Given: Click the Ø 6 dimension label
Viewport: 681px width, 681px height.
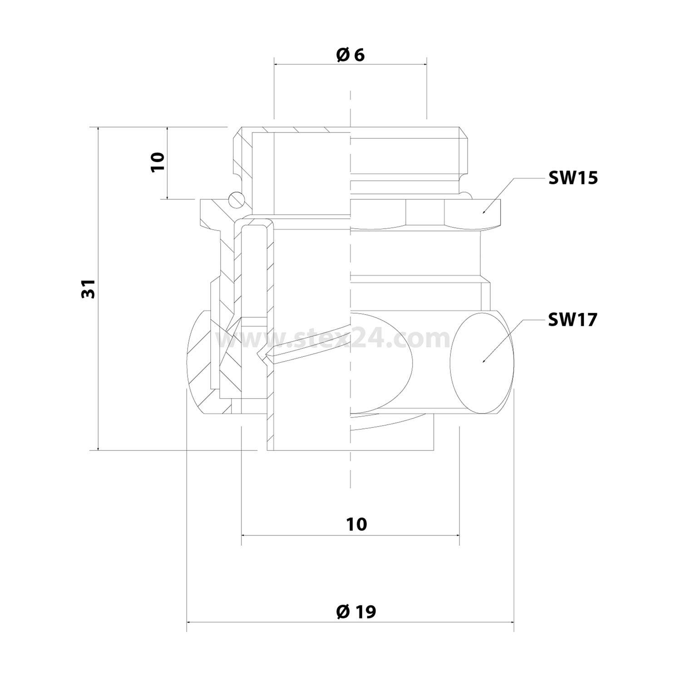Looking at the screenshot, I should (350, 55).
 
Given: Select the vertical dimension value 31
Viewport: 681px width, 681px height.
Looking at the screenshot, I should (89, 288).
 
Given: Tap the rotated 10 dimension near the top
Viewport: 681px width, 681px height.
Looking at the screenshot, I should (158, 162).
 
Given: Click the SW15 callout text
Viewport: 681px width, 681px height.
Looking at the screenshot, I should (573, 178).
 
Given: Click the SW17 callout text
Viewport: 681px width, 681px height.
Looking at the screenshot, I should (572, 320).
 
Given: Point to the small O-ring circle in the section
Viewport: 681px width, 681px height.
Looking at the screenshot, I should (236, 199).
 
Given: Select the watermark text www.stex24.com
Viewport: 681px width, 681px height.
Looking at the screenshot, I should (334, 339).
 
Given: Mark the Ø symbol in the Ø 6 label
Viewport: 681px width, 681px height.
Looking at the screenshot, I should (342, 55).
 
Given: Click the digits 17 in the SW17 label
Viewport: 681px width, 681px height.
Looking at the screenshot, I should (587, 320).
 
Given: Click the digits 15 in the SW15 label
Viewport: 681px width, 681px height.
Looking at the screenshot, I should (587, 178).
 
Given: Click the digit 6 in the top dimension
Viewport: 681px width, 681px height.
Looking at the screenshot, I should (360, 55).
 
